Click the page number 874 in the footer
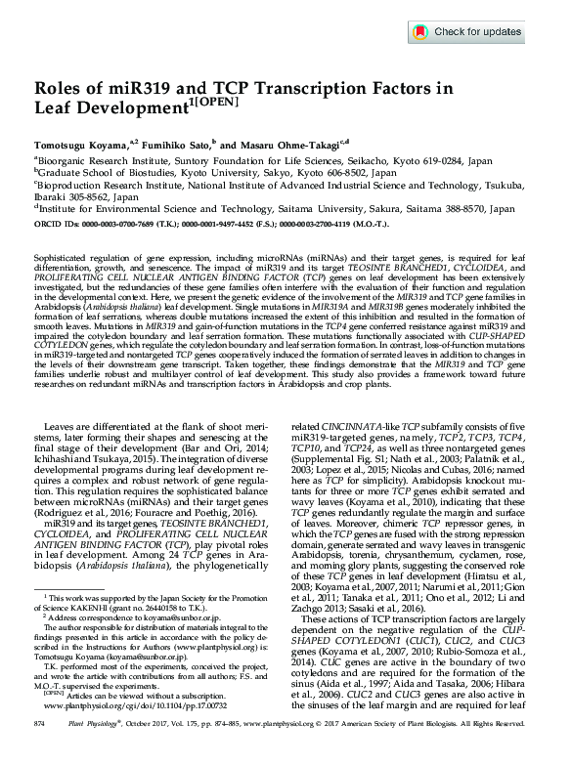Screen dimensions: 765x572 click(40, 748)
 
